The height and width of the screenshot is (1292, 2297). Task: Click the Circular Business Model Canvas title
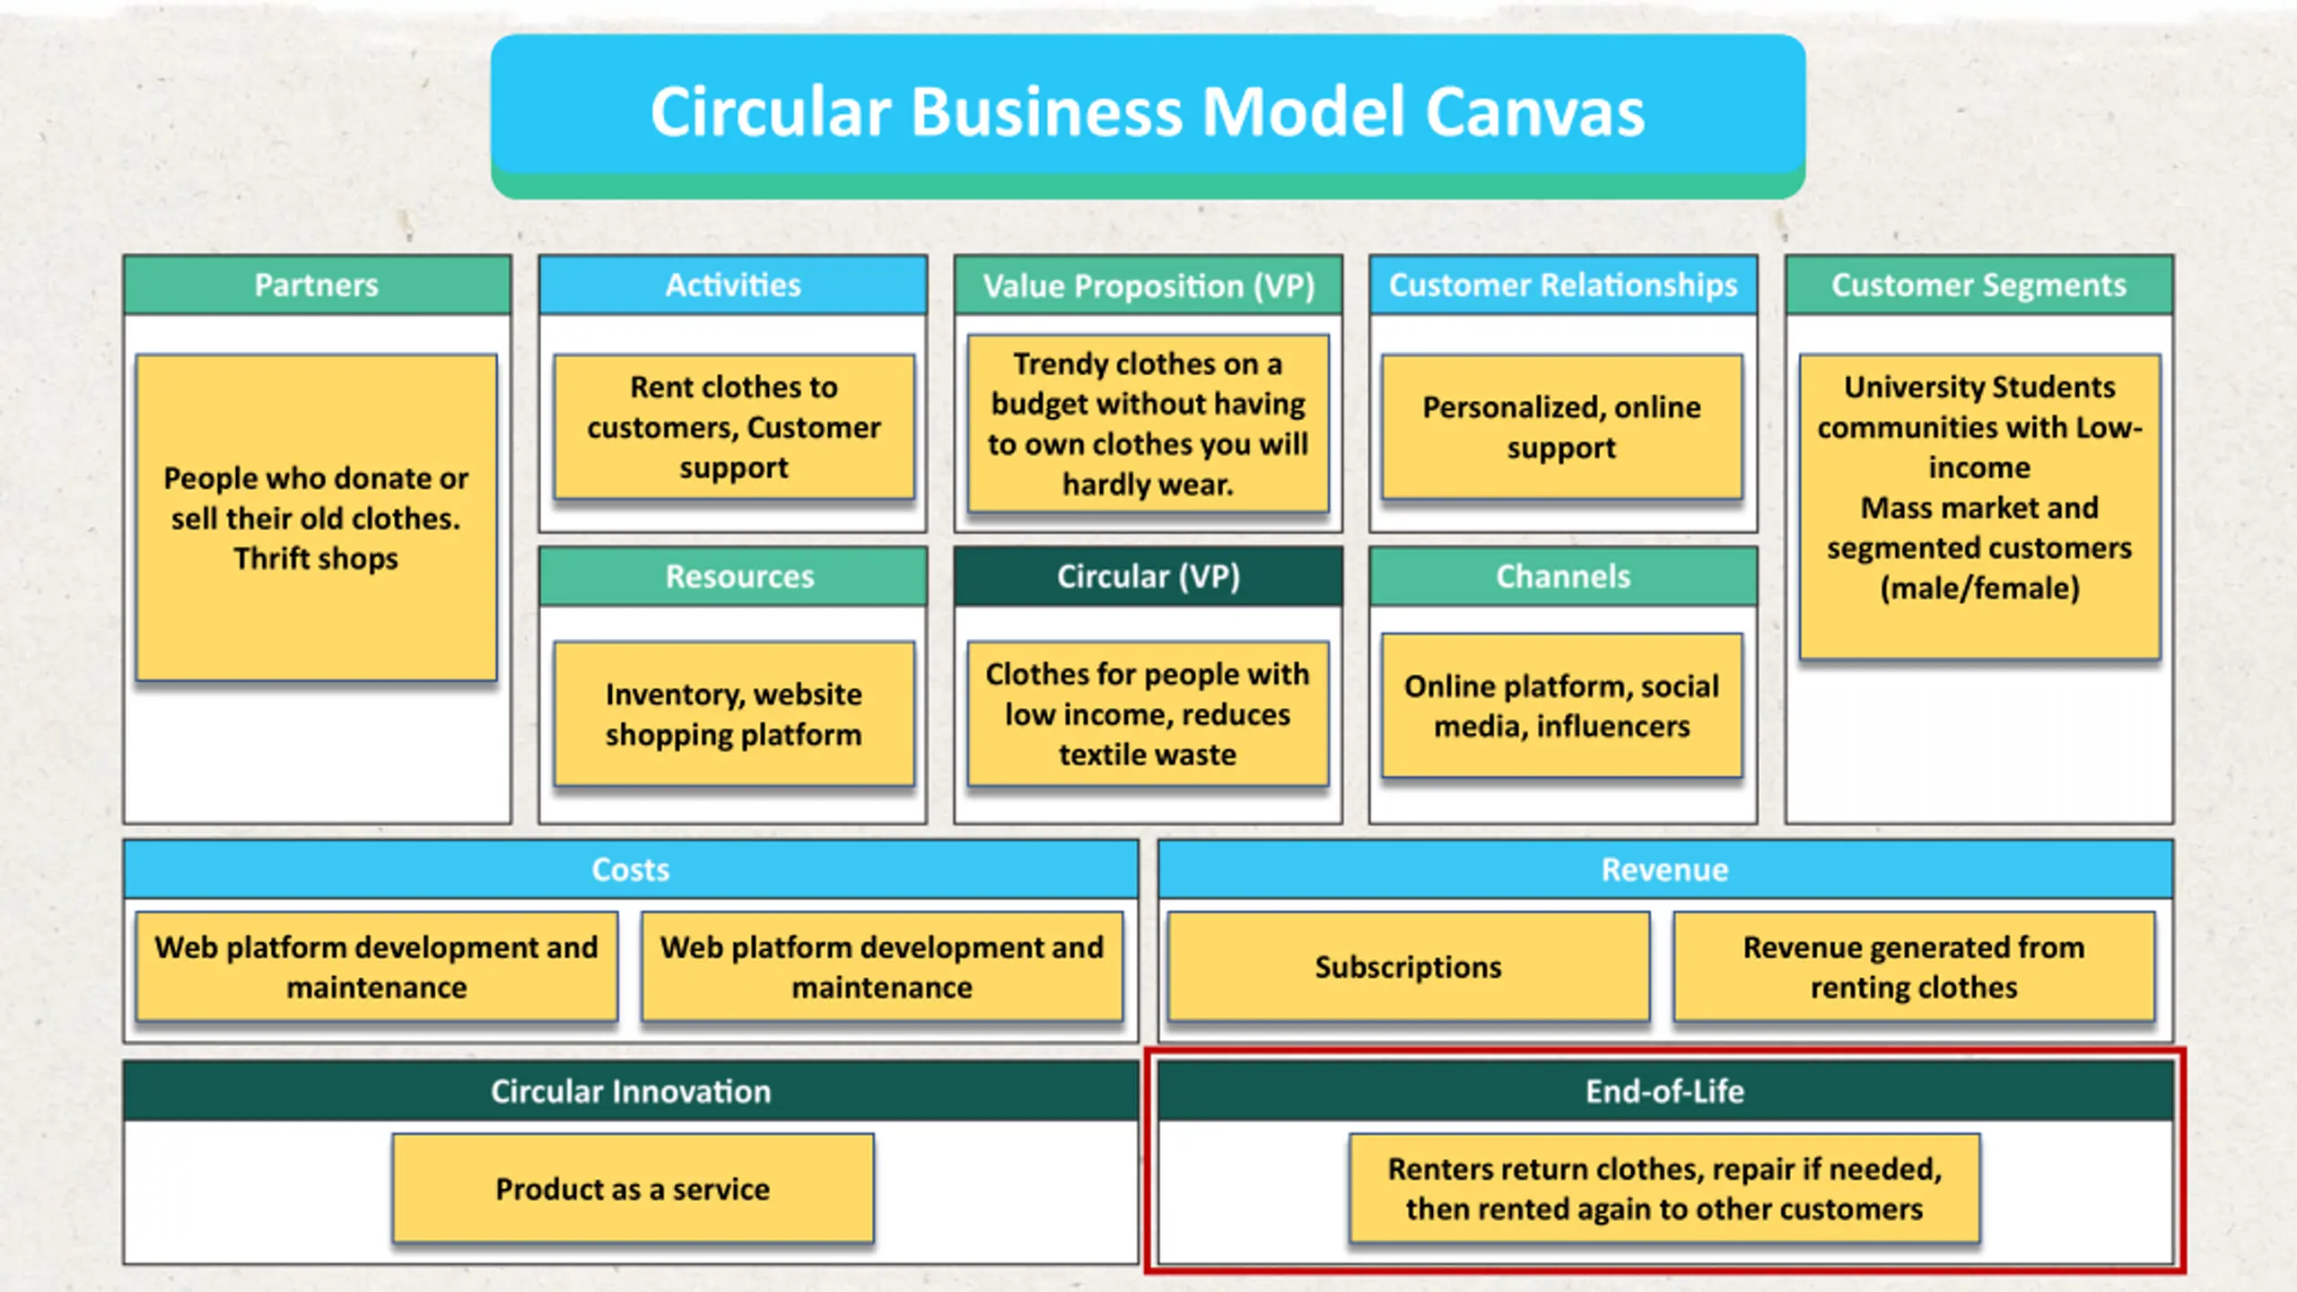point(1148,112)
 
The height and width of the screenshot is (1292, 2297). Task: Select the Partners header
point(318,285)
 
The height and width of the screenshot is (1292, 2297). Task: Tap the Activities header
point(733,285)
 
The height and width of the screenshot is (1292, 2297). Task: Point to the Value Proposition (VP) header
point(1148,285)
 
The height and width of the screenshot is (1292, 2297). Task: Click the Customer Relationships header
point(1563,285)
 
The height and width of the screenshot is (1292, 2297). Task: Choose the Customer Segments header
point(1979,285)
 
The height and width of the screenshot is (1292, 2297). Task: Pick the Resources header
point(733,577)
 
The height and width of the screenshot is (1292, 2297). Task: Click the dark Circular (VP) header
point(1148,577)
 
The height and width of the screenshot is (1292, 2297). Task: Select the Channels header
point(1563,577)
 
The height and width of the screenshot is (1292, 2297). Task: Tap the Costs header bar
point(631,869)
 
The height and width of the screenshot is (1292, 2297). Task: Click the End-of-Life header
point(1665,1091)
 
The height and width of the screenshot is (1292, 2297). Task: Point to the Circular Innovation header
point(631,1091)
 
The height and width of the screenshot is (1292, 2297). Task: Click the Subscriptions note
point(1409,966)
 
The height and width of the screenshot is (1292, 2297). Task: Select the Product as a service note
point(633,1189)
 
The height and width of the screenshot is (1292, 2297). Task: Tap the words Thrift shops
point(316,559)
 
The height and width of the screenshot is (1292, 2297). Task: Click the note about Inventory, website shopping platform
point(734,714)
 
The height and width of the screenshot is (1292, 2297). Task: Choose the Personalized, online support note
point(1562,427)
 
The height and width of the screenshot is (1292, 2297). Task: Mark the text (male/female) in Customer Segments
point(1979,589)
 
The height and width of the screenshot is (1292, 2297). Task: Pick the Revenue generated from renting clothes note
point(1914,966)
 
